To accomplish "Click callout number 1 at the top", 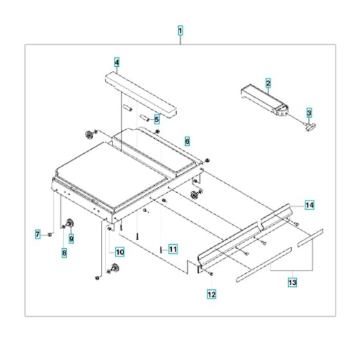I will [x=180, y=30].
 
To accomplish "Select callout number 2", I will [x=268, y=82].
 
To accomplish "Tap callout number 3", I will [x=309, y=113].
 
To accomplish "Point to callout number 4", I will [x=116, y=62].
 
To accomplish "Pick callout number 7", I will [x=37, y=233].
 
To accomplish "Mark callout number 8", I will [x=64, y=253].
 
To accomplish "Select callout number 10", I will [x=120, y=252].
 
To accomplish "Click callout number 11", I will [x=172, y=248].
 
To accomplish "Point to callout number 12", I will [x=212, y=294].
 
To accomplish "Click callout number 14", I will [x=309, y=205].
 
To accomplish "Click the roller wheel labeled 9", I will [x=67, y=224].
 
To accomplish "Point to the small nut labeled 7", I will [x=50, y=235].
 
